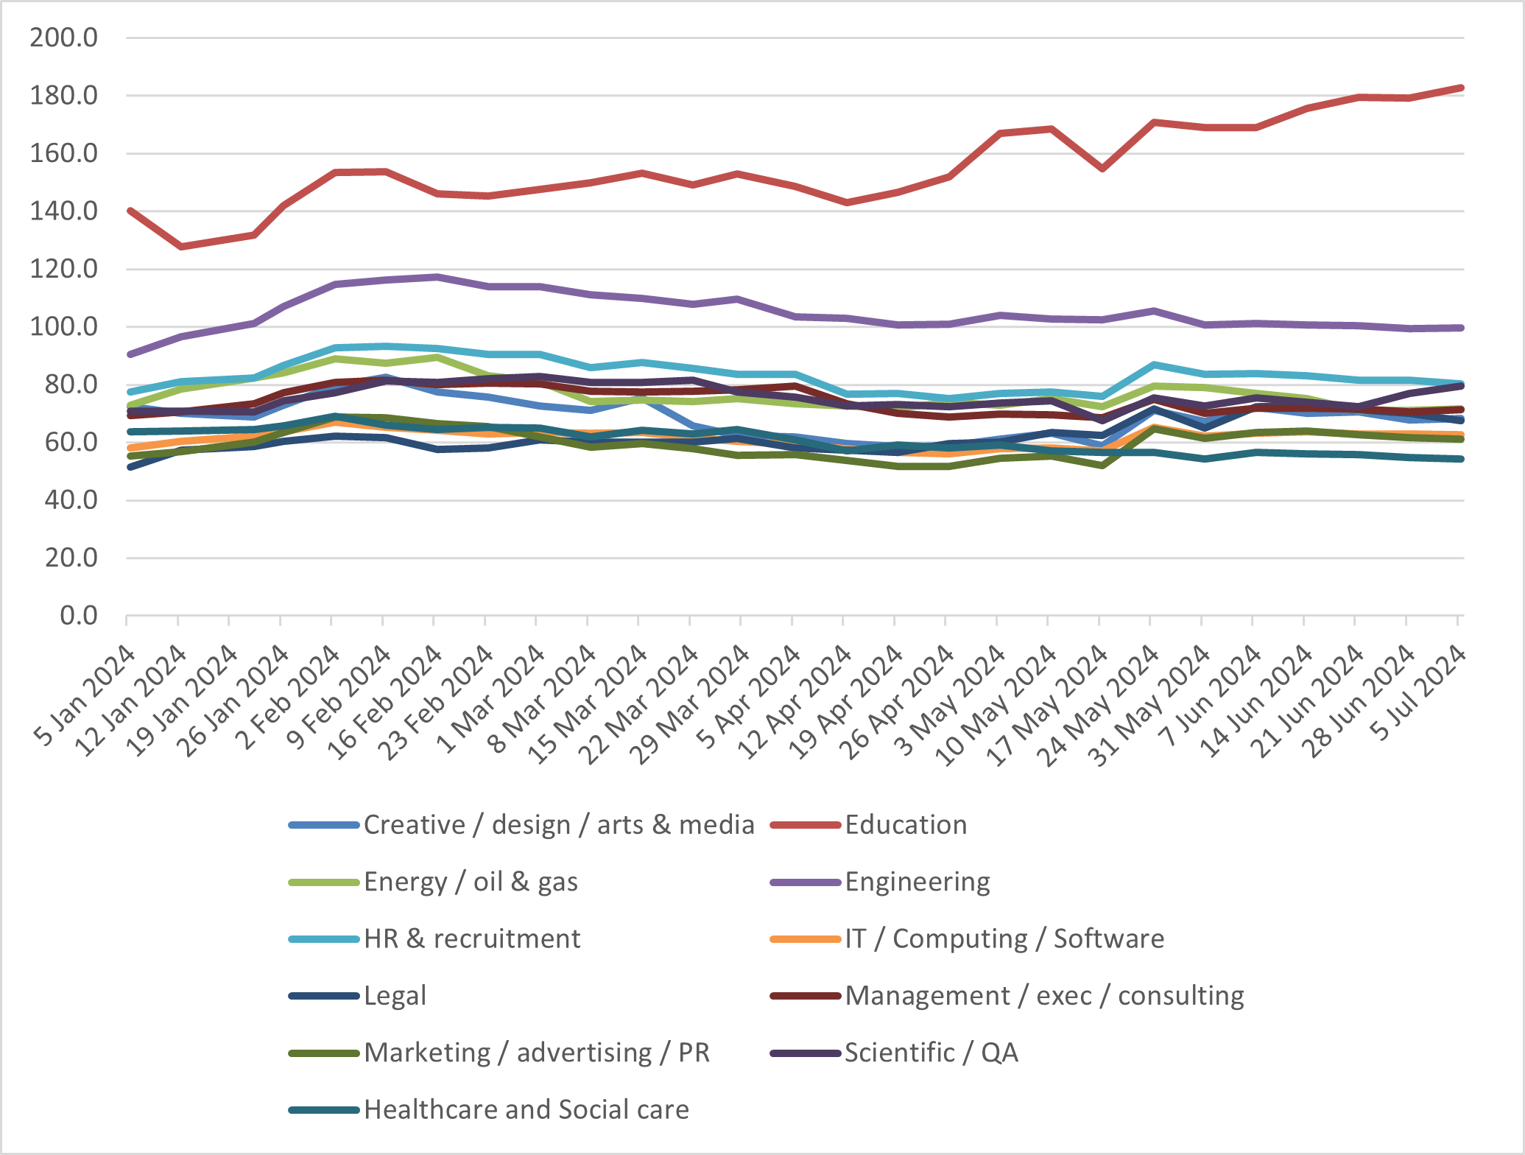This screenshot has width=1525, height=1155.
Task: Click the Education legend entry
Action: click(905, 825)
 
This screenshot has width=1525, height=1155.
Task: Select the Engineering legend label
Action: click(917, 882)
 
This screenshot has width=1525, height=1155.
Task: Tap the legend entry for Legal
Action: click(395, 996)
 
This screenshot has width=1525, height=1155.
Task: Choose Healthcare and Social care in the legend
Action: click(526, 1110)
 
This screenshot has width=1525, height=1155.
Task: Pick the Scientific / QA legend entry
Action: click(931, 1053)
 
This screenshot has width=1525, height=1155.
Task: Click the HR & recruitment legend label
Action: click(472, 939)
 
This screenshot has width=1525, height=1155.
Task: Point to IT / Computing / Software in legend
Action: click(1004, 939)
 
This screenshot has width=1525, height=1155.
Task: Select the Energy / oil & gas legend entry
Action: click(471, 882)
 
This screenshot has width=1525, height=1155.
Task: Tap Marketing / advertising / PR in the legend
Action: click(536, 1053)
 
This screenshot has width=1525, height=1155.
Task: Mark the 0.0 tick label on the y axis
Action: click(78, 616)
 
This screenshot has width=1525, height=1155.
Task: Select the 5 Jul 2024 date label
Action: click(1419, 692)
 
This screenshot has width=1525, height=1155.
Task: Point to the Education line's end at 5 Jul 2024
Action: click(1460, 88)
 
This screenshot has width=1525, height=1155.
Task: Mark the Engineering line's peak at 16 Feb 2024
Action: click(437, 277)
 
